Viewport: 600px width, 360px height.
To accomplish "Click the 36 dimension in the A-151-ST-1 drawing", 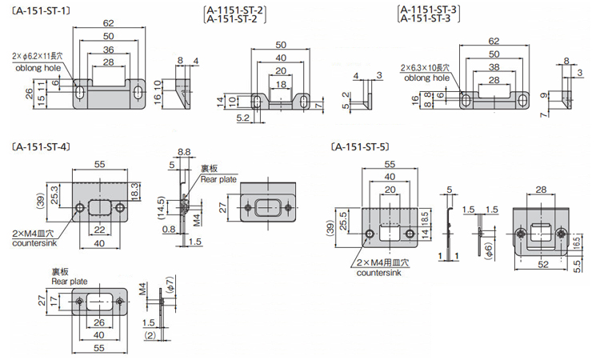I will coord(108,50).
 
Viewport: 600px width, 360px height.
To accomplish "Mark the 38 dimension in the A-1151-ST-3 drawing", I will coord(493,67).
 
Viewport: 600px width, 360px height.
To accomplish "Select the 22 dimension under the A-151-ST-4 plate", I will coord(100,230).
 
